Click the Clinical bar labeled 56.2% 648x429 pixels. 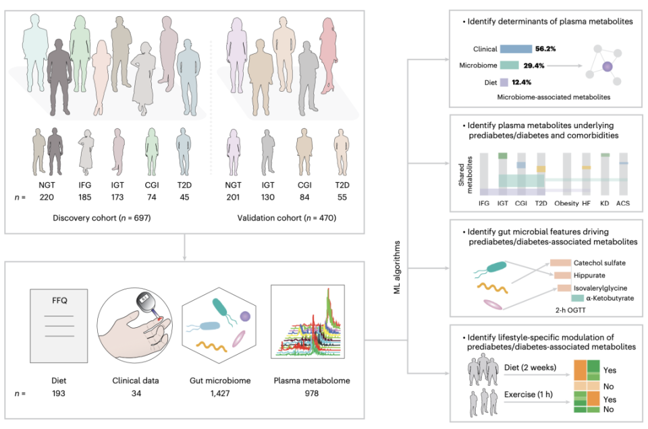tap(516, 49)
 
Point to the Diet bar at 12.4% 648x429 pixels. tap(504, 82)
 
